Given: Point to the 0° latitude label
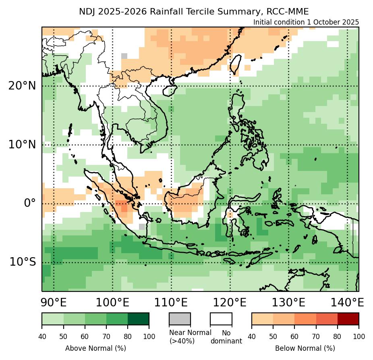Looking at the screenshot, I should (30, 203).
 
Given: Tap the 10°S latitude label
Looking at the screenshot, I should (23, 262).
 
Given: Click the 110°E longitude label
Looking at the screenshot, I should (171, 302).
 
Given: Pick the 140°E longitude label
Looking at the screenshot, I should (347, 302).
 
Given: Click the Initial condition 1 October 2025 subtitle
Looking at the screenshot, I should (306, 22).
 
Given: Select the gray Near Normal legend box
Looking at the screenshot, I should (180, 318).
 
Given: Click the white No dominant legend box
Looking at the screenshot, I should (221, 318).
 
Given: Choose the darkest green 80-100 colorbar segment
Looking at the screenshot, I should (138, 318).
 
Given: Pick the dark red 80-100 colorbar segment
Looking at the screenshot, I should (348, 318).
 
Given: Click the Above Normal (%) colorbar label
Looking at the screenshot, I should (95, 348).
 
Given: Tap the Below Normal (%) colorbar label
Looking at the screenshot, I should (305, 348).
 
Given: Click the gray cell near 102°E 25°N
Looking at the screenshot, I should (124, 56).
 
